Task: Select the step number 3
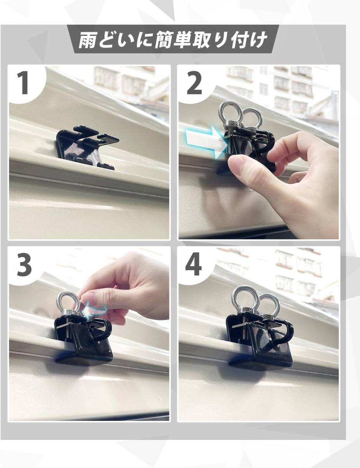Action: (x=24, y=265)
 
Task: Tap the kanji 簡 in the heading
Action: (x=163, y=40)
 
